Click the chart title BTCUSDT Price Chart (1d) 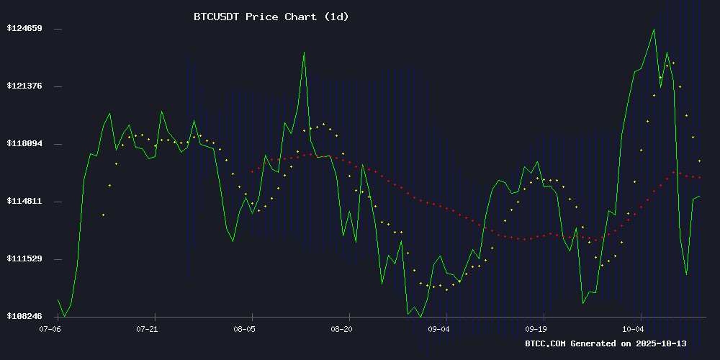[x=271, y=17]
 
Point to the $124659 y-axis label [x=24, y=29]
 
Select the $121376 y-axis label [x=24, y=86]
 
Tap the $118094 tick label [x=24, y=144]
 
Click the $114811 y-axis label [x=24, y=202]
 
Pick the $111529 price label [x=24, y=259]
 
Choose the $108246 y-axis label [x=24, y=317]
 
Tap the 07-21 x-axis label [x=147, y=328]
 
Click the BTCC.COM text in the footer [x=546, y=343]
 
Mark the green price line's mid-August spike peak [x=304, y=52]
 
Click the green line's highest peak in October [x=654, y=30]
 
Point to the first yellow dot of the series [x=104, y=215]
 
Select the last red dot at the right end [x=700, y=177]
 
